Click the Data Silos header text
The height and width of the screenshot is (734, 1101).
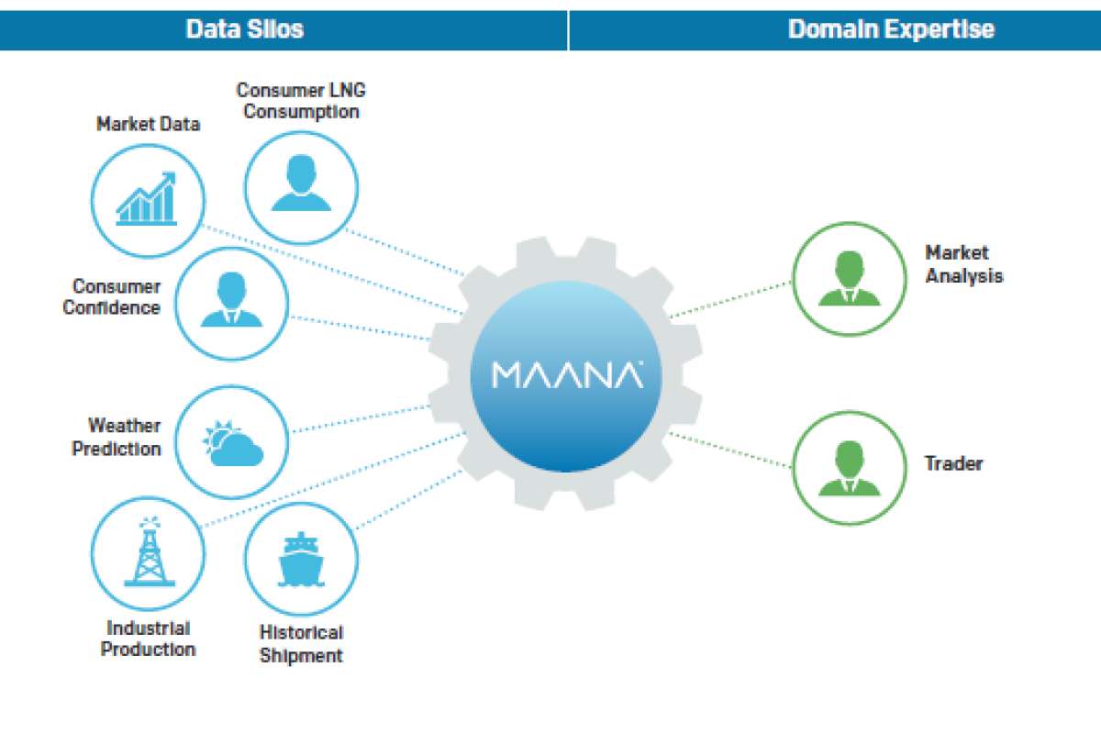(244, 29)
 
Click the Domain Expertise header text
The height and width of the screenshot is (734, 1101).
(891, 29)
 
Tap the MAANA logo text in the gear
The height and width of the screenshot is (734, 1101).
(567, 374)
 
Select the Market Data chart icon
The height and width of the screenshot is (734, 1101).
(147, 198)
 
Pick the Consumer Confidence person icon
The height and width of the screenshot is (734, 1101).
(231, 301)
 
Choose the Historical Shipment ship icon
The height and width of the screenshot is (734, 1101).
(301, 559)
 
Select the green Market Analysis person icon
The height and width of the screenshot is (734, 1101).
(850, 279)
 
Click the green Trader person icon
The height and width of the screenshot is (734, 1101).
(850, 468)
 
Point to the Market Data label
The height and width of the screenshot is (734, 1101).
(148, 124)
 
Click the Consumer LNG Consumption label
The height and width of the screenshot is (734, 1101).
(301, 101)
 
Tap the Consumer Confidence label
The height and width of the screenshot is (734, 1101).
(112, 297)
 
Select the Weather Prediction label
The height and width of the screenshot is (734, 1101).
(117, 438)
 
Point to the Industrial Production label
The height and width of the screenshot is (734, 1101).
(148, 639)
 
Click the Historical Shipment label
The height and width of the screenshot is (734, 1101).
(301, 644)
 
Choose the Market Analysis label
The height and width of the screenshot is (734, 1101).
(963, 264)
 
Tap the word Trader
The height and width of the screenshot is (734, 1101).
(953, 463)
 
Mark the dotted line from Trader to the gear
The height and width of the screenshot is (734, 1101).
(729, 450)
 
